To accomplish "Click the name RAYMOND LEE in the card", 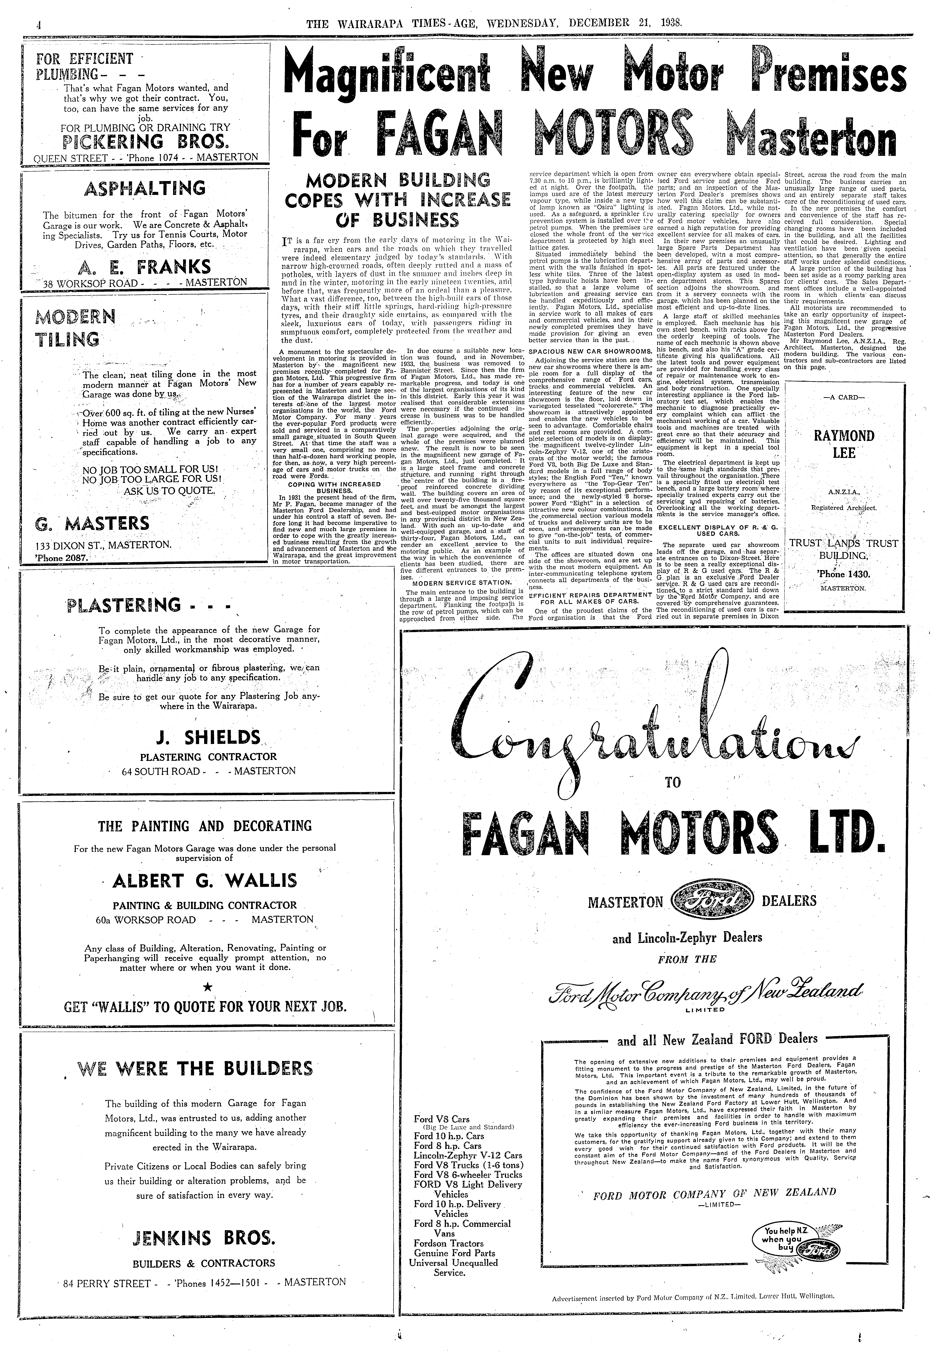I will (x=844, y=444).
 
